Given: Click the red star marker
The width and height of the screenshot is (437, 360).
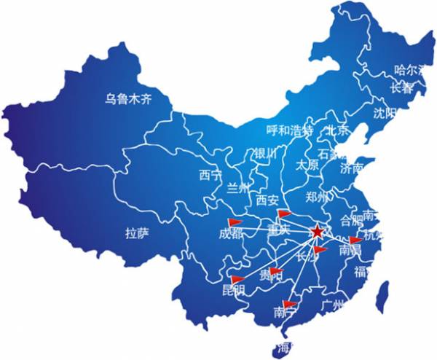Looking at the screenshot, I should click(x=317, y=232).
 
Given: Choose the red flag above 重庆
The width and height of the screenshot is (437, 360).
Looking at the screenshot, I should click(x=283, y=214).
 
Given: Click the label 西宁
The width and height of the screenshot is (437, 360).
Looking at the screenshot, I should click(x=210, y=175).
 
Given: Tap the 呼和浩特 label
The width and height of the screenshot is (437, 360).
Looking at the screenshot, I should click(x=289, y=131).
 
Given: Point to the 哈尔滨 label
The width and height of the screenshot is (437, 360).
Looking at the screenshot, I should click(x=410, y=71).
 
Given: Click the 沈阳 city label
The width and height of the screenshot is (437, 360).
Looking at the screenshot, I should click(x=384, y=113).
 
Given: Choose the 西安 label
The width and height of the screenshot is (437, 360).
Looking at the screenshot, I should click(x=268, y=200).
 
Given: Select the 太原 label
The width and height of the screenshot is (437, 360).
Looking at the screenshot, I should click(x=307, y=165).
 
